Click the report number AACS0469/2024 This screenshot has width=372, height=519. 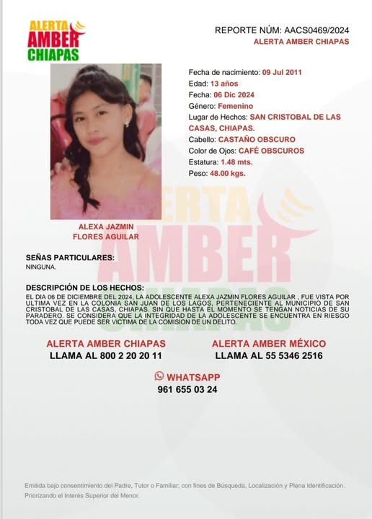316,30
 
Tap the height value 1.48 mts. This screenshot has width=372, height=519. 239,162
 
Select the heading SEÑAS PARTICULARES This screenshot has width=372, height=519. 70,257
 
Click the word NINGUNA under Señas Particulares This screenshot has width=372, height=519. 41,267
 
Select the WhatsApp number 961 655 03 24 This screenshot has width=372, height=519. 187,389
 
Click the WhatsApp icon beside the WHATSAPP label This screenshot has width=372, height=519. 159,376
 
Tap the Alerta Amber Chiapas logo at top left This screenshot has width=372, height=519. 56,40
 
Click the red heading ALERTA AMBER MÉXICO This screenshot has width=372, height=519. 269,344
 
